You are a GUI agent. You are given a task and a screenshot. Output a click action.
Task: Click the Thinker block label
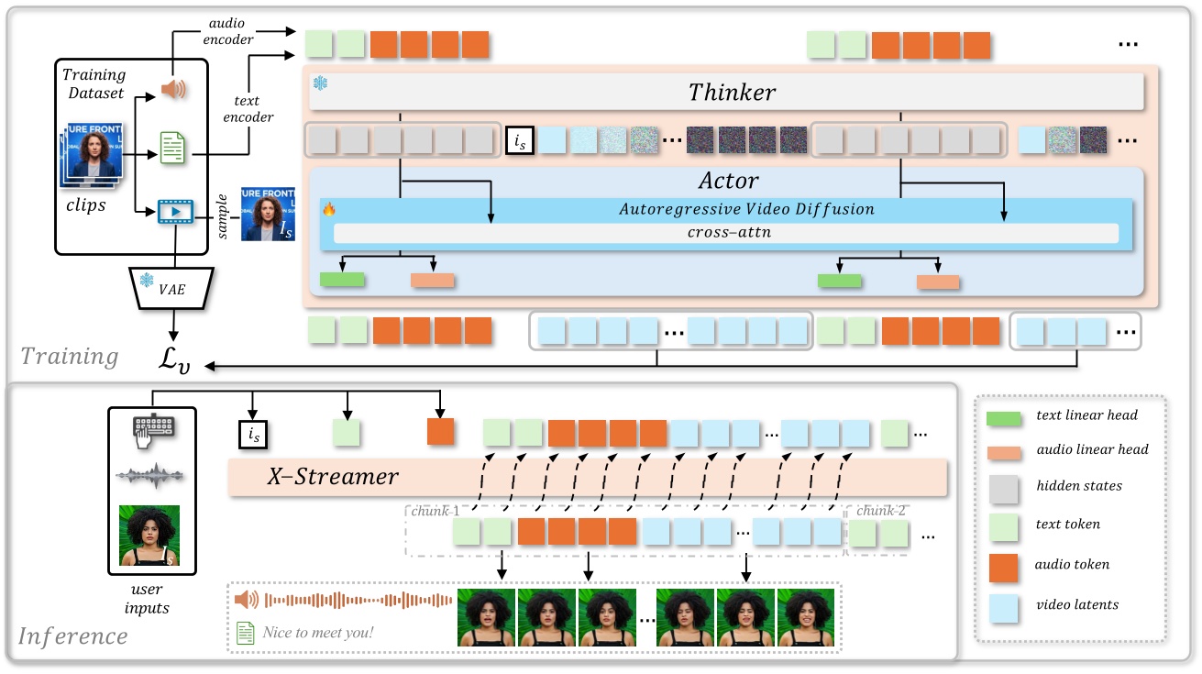pos(732,93)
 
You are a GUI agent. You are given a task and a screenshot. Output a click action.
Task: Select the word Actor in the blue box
pos(729,180)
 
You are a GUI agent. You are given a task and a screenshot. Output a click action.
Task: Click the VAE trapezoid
pos(173,287)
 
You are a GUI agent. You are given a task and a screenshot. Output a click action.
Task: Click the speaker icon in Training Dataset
pos(173,89)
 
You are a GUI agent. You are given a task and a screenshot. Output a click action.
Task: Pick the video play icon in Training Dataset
pos(173,212)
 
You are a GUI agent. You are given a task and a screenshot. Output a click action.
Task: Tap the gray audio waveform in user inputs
pos(149,476)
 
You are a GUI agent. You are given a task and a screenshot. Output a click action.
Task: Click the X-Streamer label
pos(333,478)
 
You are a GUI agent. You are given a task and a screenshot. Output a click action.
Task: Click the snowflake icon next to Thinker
pos(320,83)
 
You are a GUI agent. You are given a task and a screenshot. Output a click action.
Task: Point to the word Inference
pos(73,635)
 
